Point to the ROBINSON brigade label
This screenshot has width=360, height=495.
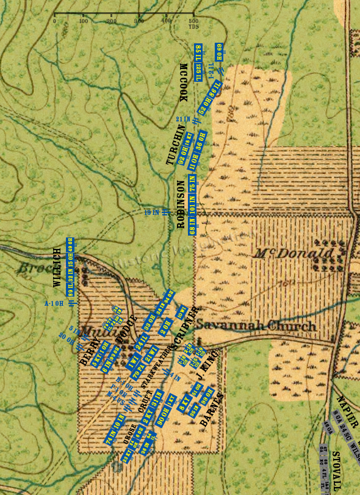pos(181,204)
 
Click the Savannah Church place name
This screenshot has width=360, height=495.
pos(256,326)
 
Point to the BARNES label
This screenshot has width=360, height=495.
pos(212,408)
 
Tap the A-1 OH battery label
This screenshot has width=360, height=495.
pos(55,303)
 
